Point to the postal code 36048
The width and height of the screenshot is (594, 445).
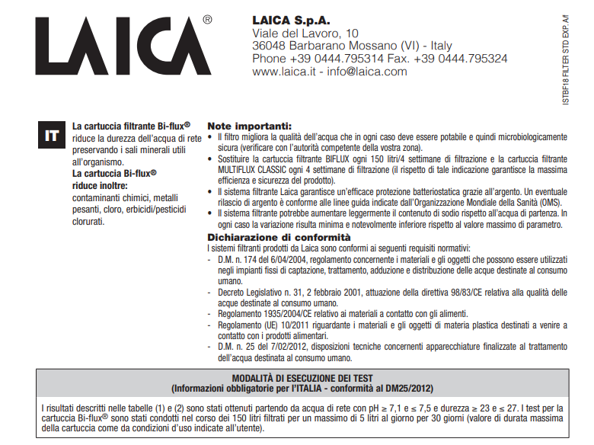(x=271, y=46)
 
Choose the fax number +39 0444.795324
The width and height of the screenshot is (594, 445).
(x=460, y=59)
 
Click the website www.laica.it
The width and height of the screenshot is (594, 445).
(x=283, y=72)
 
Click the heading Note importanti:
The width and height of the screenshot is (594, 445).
(x=249, y=126)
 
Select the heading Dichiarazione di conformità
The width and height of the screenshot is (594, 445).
(x=266, y=238)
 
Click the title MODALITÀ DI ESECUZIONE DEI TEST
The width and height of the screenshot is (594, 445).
(x=302, y=378)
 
